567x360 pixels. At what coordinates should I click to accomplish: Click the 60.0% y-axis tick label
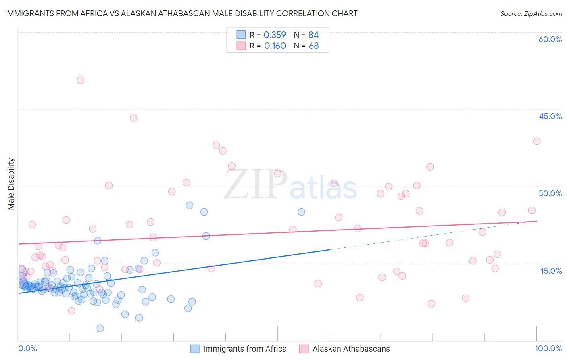point(550,39)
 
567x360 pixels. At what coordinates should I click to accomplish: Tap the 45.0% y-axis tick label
point(550,116)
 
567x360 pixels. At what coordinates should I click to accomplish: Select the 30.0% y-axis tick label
point(550,193)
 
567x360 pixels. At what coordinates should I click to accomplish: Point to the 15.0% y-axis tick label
point(551,271)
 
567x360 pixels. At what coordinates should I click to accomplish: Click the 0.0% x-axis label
point(27,348)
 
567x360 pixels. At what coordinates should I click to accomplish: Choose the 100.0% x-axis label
point(548,348)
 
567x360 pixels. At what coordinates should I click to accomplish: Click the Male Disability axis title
point(11,184)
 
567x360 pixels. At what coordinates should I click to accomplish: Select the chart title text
point(181,13)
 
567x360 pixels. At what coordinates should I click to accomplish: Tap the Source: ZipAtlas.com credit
point(531,13)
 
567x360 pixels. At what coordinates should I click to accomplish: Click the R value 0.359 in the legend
point(275,35)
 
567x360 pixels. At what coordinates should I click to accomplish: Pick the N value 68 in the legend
point(314,46)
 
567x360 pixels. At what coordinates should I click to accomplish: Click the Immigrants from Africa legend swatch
point(195,349)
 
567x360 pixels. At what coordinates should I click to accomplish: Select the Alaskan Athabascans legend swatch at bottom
point(304,349)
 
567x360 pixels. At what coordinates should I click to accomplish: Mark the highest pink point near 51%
point(81,80)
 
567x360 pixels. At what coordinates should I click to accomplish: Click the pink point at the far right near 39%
point(537,141)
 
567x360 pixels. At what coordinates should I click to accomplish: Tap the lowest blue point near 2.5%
point(100,329)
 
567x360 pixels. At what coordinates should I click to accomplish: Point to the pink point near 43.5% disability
point(133,118)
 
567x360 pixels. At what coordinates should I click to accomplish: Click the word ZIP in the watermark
point(256,184)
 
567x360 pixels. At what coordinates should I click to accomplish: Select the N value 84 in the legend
point(313,35)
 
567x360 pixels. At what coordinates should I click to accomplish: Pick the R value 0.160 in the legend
point(275,46)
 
